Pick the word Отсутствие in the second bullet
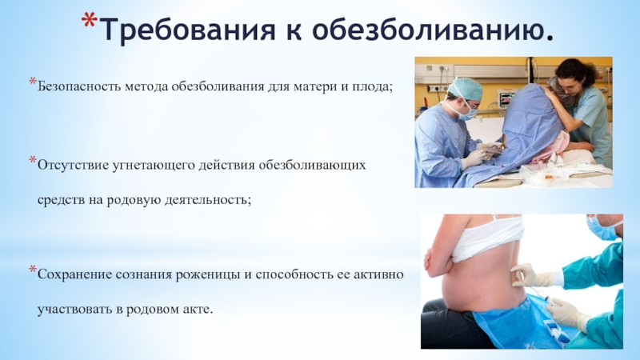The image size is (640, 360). click(73, 166)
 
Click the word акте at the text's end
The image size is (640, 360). click(198, 310)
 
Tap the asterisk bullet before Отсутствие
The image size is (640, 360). click(33, 161)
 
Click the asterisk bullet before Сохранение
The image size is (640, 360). click(33, 269)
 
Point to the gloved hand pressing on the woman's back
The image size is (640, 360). click(526, 274)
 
